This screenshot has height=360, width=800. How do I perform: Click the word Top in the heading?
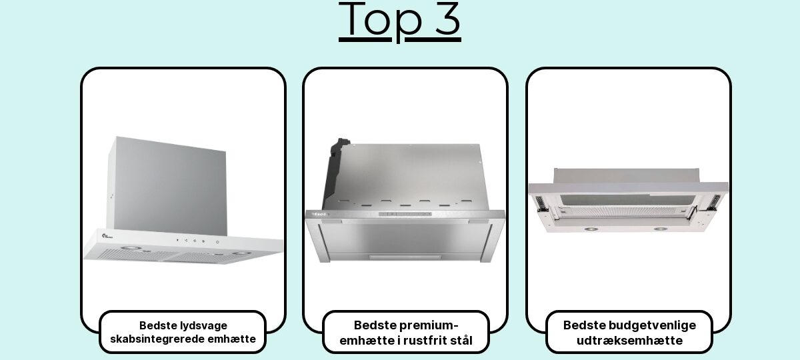coord(381,21)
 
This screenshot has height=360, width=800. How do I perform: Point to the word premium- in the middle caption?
coord(432,325)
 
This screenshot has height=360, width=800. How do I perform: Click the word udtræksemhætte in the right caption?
coord(629,341)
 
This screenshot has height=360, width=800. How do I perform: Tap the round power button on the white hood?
coord(217,242)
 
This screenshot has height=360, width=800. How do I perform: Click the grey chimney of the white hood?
coord(168,186)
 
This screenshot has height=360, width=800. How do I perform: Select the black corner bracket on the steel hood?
coord(335,171)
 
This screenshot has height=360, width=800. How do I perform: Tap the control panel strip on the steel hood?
coord(405,214)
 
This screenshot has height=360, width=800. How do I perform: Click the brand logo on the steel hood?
coord(319,214)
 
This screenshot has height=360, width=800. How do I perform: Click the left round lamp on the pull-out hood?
coord(591,229)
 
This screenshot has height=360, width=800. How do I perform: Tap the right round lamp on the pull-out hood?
coord(660,229)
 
